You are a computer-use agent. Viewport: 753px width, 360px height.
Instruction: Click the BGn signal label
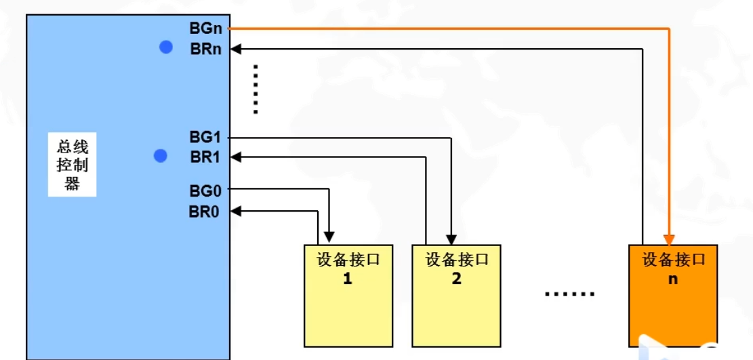(x=207, y=28)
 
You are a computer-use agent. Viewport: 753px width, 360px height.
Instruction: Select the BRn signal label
(x=207, y=49)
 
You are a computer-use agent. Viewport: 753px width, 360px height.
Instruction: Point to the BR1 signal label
(x=206, y=157)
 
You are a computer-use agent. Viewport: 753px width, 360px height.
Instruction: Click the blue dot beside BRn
(x=166, y=47)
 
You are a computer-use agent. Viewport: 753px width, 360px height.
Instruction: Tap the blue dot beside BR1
(x=161, y=156)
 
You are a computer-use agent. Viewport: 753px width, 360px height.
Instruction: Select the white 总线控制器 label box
(x=72, y=165)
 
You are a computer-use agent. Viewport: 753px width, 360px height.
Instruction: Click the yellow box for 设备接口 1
(x=348, y=295)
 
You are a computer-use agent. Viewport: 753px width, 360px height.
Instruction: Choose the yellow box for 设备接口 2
(x=456, y=295)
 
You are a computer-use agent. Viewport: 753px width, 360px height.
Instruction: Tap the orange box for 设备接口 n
(x=672, y=295)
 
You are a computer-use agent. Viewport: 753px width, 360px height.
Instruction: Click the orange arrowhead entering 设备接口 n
(x=669, y=239)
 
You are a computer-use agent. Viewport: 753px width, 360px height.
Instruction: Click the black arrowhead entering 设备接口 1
(x=329, y=238)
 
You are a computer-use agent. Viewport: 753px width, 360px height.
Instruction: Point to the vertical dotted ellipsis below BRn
(x=256, y=89)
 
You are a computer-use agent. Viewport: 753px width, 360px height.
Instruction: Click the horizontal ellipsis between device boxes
(x=570, y=294)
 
